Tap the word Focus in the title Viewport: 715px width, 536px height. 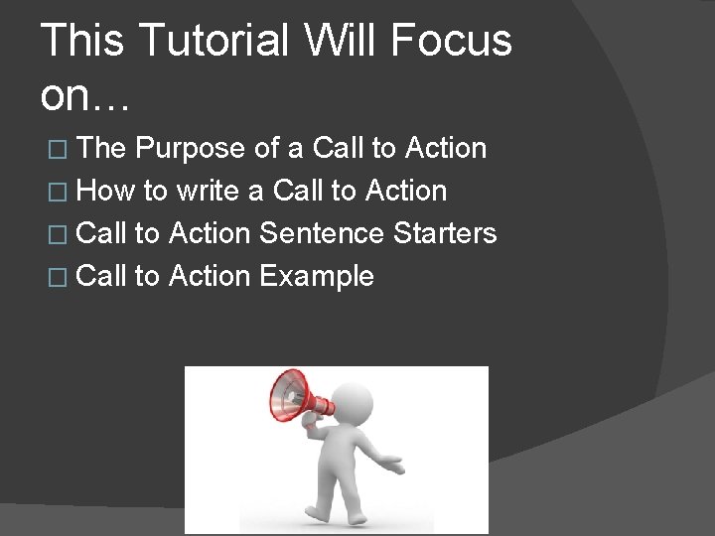[451, 42]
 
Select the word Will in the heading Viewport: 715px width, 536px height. [339, 42]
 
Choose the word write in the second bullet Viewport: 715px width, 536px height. [208, 191]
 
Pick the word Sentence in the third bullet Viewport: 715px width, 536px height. [321, 233]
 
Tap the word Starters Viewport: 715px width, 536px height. [444, 233]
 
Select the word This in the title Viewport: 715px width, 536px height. [82, 42]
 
